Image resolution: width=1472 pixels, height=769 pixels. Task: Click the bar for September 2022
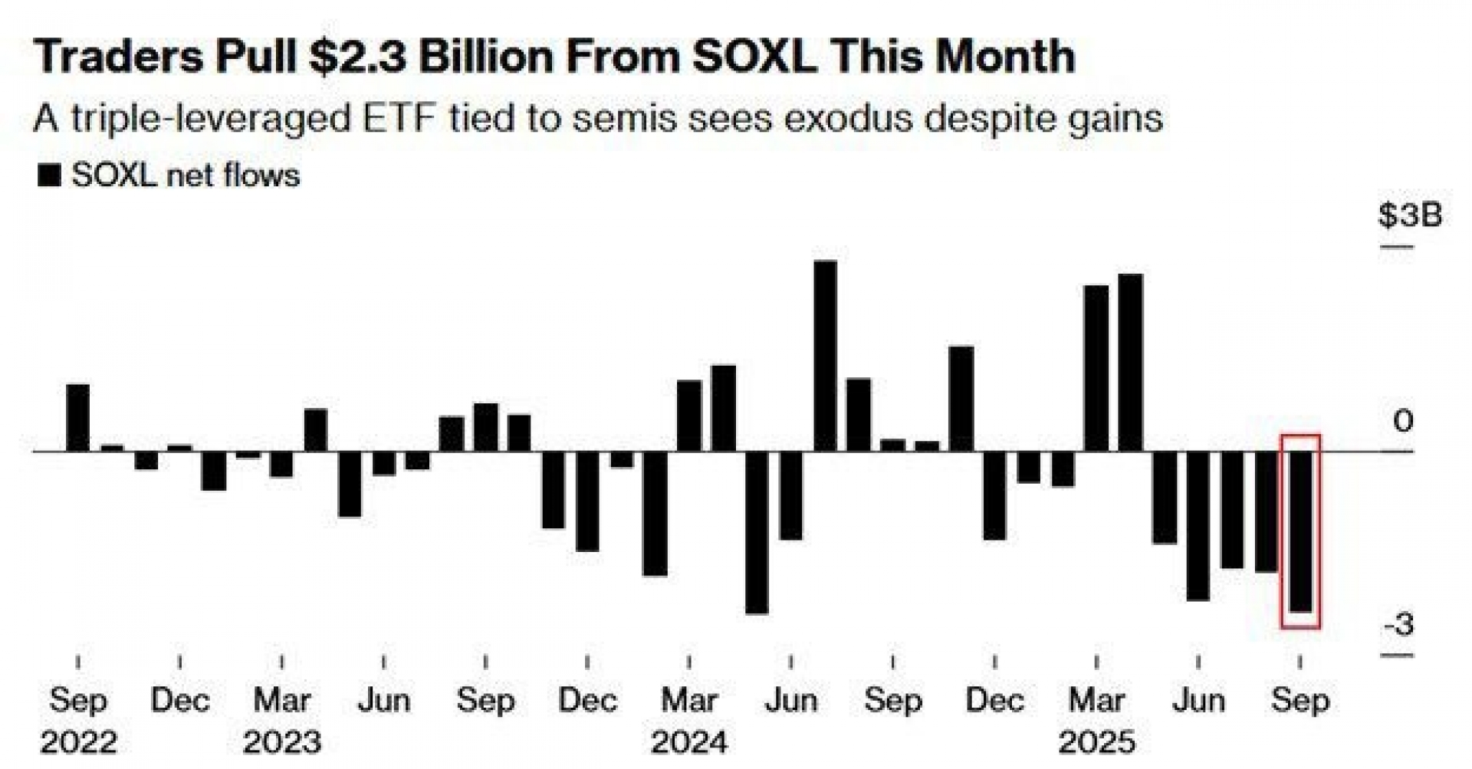(77, 418)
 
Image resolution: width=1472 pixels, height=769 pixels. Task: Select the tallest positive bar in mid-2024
(825, 356)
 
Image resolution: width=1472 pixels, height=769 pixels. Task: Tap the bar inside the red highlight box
(1300, 531)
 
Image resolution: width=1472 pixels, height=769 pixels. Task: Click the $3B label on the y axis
(1409, 215)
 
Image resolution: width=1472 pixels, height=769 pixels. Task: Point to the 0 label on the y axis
(1403, 420)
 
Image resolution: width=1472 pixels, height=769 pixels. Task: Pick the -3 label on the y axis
(1399, 625)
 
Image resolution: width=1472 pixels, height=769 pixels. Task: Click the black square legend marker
(49, 176)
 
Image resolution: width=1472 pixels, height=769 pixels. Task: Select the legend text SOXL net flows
(186, 176)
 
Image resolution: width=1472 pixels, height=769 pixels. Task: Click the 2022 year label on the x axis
(78, 742)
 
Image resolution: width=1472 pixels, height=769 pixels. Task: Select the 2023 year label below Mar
(282, 742)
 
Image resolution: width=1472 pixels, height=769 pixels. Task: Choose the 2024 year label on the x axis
(688, 742)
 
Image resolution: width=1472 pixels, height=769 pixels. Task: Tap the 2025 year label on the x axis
(1096, 742)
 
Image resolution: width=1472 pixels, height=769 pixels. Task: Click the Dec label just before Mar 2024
(587, 700)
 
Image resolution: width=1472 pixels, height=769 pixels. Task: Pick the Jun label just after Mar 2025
(1198, 700)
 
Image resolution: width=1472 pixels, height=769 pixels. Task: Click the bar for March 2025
(1096, 368)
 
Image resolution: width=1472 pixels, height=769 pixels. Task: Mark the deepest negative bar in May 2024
(757, 532)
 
